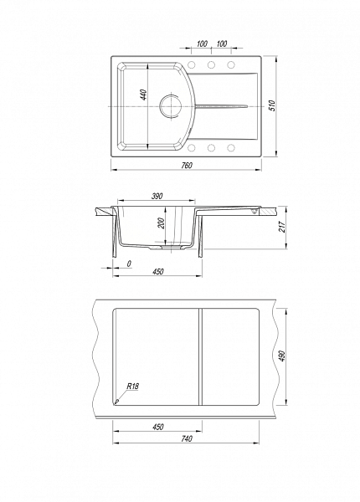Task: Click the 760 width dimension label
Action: pos(187,165)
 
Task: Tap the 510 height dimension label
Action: pos(272,105)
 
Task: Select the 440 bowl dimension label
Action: pos(144,95)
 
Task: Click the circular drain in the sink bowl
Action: pos(171,105)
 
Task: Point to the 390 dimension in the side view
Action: pos(157,196)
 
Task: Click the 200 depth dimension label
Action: pos(161,223)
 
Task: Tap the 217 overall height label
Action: pos(282,227)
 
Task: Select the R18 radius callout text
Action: pos(132,386)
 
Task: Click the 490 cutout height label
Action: pos(282,356)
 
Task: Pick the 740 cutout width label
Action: pos(187,438)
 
